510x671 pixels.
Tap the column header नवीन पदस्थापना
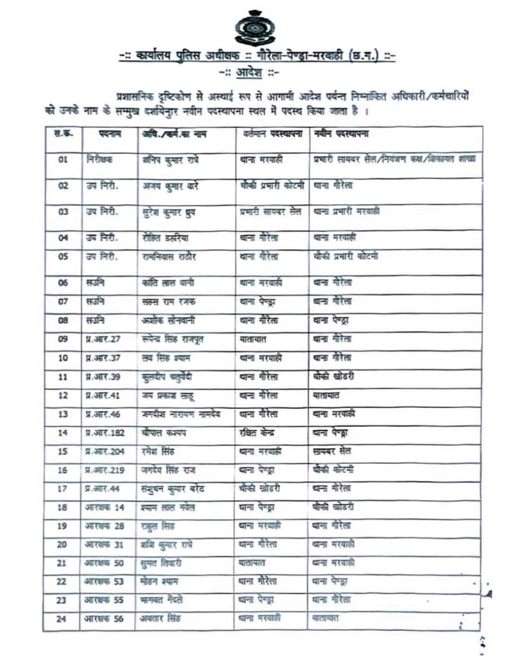click(x=341, y=134)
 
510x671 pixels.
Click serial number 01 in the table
click(x=64, y=159)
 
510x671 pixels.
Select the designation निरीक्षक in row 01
click(x=99, y=159)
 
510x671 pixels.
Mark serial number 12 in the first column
click(x=64, y=396)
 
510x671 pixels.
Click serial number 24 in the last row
click(x=64, y=619)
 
